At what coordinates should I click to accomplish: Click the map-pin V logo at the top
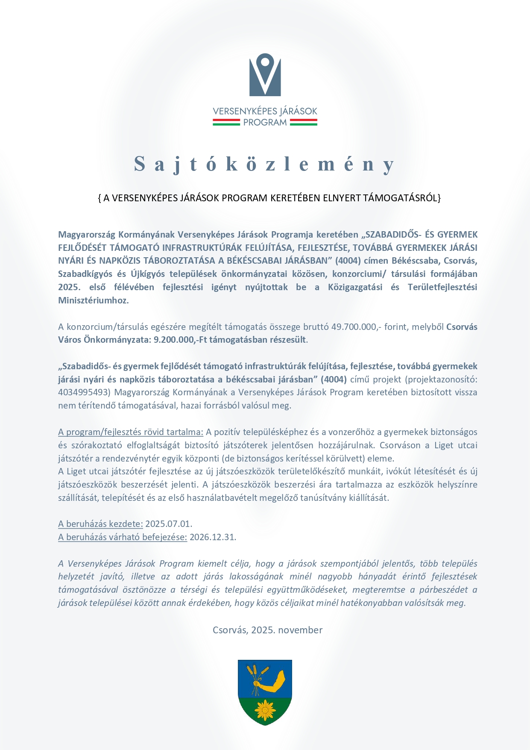[x=265, y=75]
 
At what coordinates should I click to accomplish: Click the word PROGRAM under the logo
[x=265, y=123]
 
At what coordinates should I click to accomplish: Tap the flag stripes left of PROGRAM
[x=226, y=123]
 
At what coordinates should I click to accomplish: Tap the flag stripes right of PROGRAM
[x=304, y=123]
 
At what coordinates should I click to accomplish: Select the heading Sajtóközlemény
[x=265, y=164]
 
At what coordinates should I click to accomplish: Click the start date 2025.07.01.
[x=169, y=524]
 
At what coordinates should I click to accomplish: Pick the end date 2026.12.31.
[x=213, y=537]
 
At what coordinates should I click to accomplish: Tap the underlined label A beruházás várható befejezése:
[x=123, y=537]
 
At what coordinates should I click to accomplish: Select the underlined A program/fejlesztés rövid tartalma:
[x=131, y=432]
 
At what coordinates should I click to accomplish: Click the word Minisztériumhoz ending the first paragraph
[x=93, y=300]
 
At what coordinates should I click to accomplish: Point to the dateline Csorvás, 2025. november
[x=267, y=630]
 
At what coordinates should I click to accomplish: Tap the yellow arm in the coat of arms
[x=273, y=682]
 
